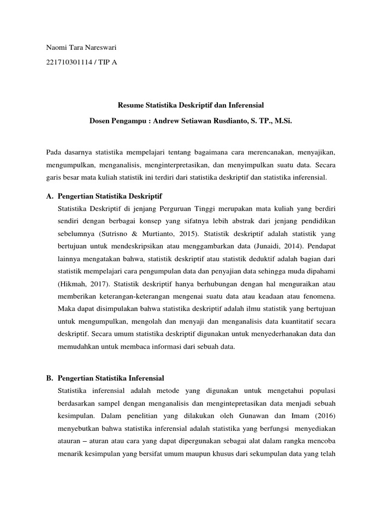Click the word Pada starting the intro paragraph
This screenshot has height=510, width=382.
(54, 152)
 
